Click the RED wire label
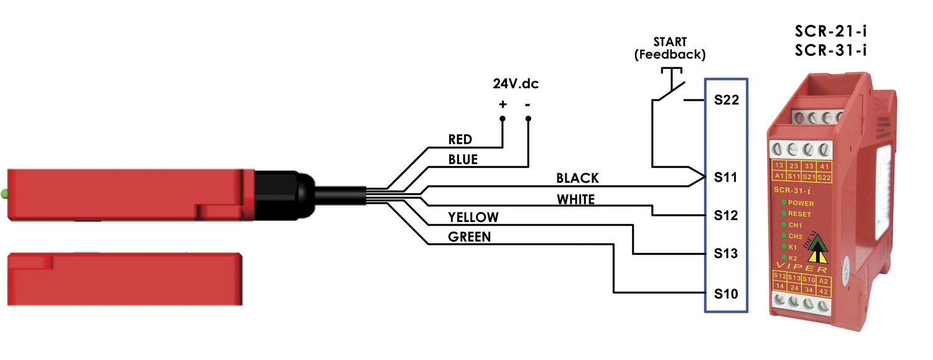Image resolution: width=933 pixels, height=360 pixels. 460,139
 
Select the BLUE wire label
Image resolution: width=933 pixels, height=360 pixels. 463,159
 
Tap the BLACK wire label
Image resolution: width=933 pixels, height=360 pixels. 577,178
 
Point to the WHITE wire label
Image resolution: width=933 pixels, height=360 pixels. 575,200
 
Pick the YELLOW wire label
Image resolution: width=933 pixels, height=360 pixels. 473,217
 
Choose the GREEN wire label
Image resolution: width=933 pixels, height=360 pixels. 469,237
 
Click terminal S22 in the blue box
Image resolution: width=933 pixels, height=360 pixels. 726,100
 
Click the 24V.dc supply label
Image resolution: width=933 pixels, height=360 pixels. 516,83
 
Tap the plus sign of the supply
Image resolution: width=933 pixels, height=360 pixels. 503,104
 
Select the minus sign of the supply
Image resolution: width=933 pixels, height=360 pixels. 528,104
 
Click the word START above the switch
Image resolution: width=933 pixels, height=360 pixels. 670,42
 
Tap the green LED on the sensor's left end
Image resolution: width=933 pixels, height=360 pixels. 4,194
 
